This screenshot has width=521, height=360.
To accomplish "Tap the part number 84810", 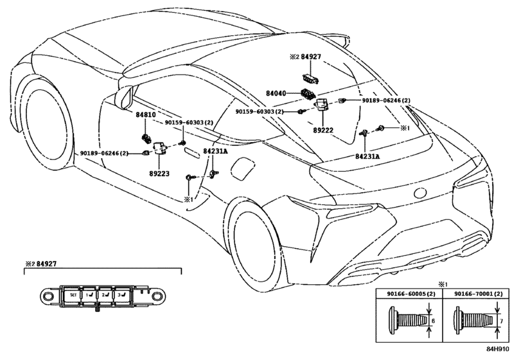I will [145, 114].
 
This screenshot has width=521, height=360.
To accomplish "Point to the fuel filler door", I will [242, 170].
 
